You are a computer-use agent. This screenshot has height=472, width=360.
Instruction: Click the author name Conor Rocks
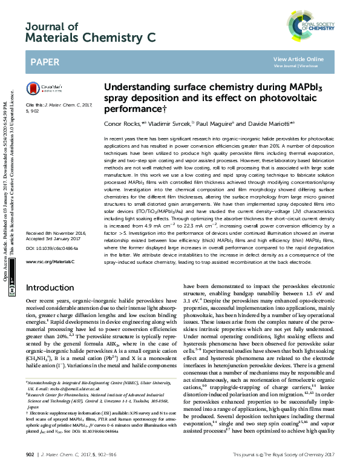(122, 123)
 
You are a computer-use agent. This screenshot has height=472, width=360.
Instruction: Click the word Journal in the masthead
(43, 26)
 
